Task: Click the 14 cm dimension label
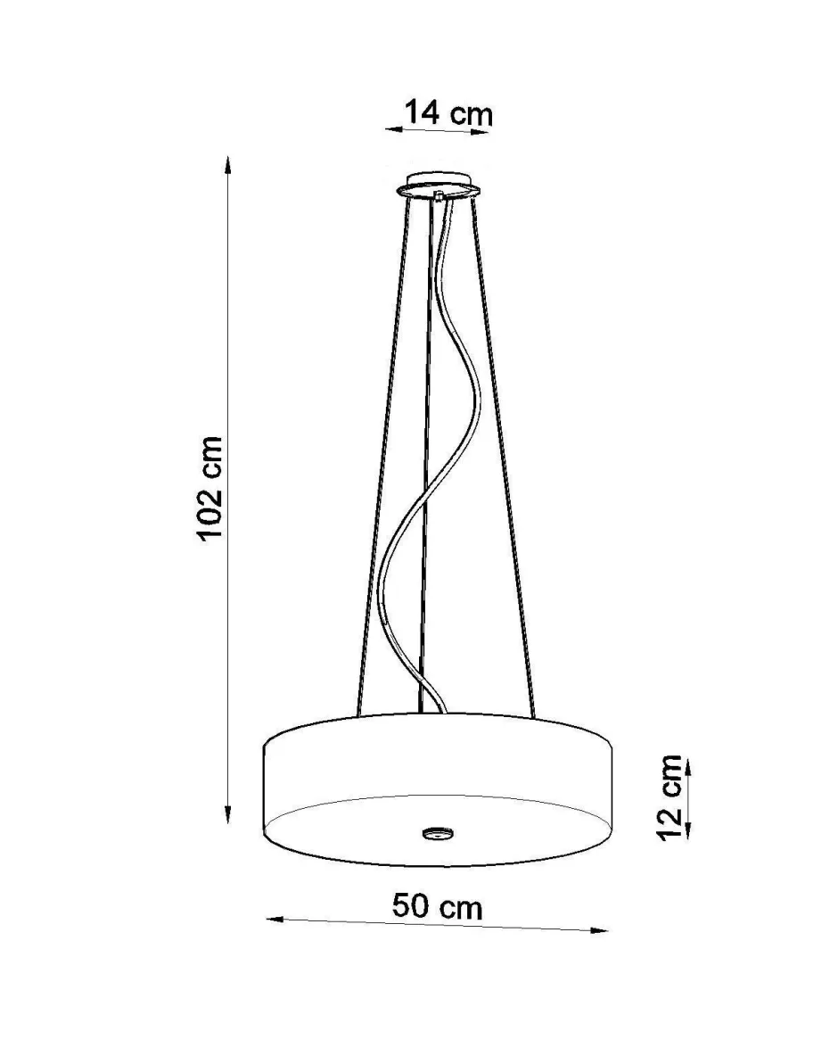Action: (448, 113)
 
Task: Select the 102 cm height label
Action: (210, 489)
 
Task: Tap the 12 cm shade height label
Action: (669, 796)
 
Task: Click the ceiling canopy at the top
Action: (438, 185)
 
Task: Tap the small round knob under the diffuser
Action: (437, 833)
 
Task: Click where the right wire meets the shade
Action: (532, 714)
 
